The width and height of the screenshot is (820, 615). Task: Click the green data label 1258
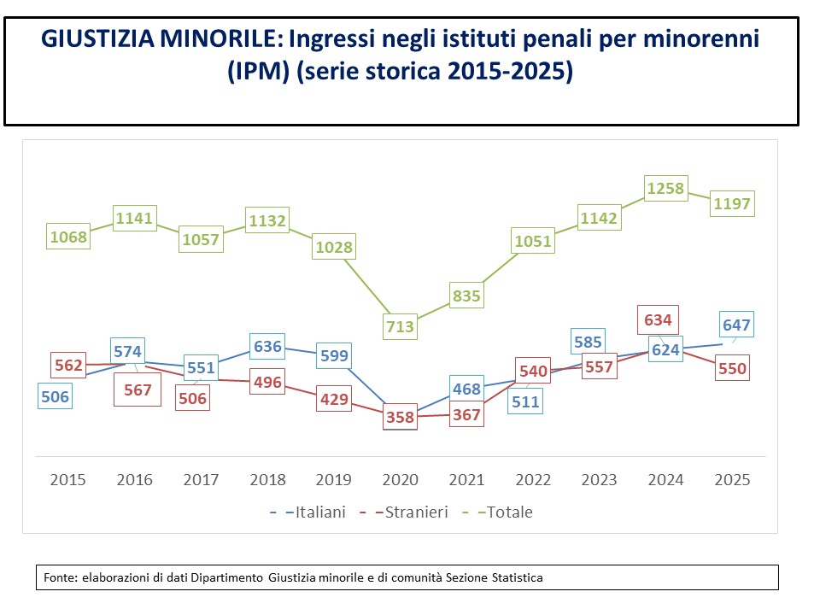point(665,188)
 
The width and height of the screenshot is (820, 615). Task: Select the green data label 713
point(400,327)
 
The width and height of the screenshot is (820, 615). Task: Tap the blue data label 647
point(736,325)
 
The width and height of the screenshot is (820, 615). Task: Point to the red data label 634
point(658,319)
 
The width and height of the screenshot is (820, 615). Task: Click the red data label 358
point(400,417)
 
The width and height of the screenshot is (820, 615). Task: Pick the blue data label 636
point(267,346)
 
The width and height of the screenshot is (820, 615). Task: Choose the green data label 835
point(466,296)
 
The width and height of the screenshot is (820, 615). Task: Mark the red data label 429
point(334,399)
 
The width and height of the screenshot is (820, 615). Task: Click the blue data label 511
point(525,401)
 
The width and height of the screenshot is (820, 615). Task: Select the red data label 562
point(68,365)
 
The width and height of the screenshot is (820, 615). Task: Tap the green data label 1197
point(732,203)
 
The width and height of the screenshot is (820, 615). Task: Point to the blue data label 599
point(334,355)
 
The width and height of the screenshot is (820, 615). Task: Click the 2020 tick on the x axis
point(400,479)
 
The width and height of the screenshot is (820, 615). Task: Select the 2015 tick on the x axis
point(67,479)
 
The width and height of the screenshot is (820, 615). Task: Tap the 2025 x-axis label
point(732,479)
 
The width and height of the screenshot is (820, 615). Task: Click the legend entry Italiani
point(308,512)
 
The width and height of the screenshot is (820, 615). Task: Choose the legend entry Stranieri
point(404,512)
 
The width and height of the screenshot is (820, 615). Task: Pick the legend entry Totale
point(498,512)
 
